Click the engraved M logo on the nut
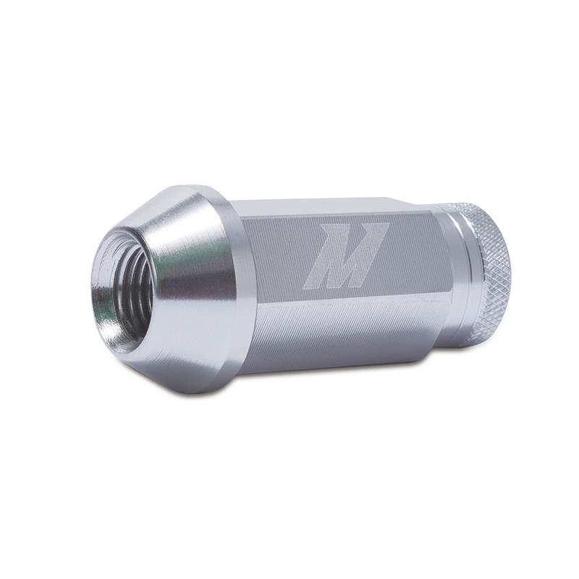click(345, 255)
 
